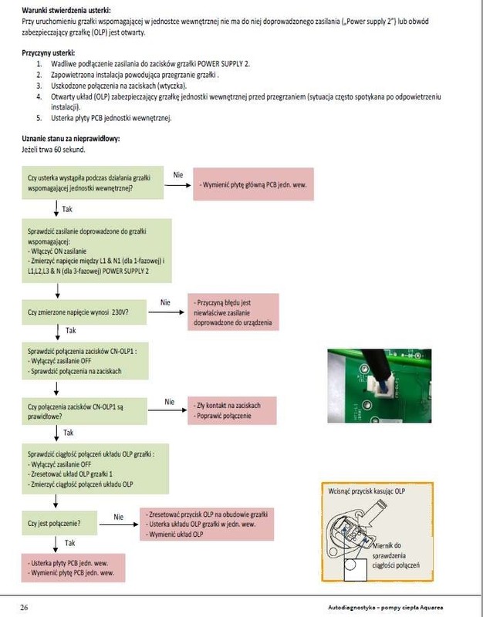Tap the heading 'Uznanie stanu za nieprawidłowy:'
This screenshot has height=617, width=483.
pyautogui.click(x=72, y=138)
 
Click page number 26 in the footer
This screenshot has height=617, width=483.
pyautogui.click(x=25, y=607)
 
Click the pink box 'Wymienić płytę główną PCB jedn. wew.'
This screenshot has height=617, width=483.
pyautogui.click(x=253, y=184)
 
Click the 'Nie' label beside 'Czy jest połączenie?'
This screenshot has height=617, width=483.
pyautogui.click(x=118, y=516)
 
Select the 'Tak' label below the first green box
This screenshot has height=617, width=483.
pyautogui.click(x=67, y=208)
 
